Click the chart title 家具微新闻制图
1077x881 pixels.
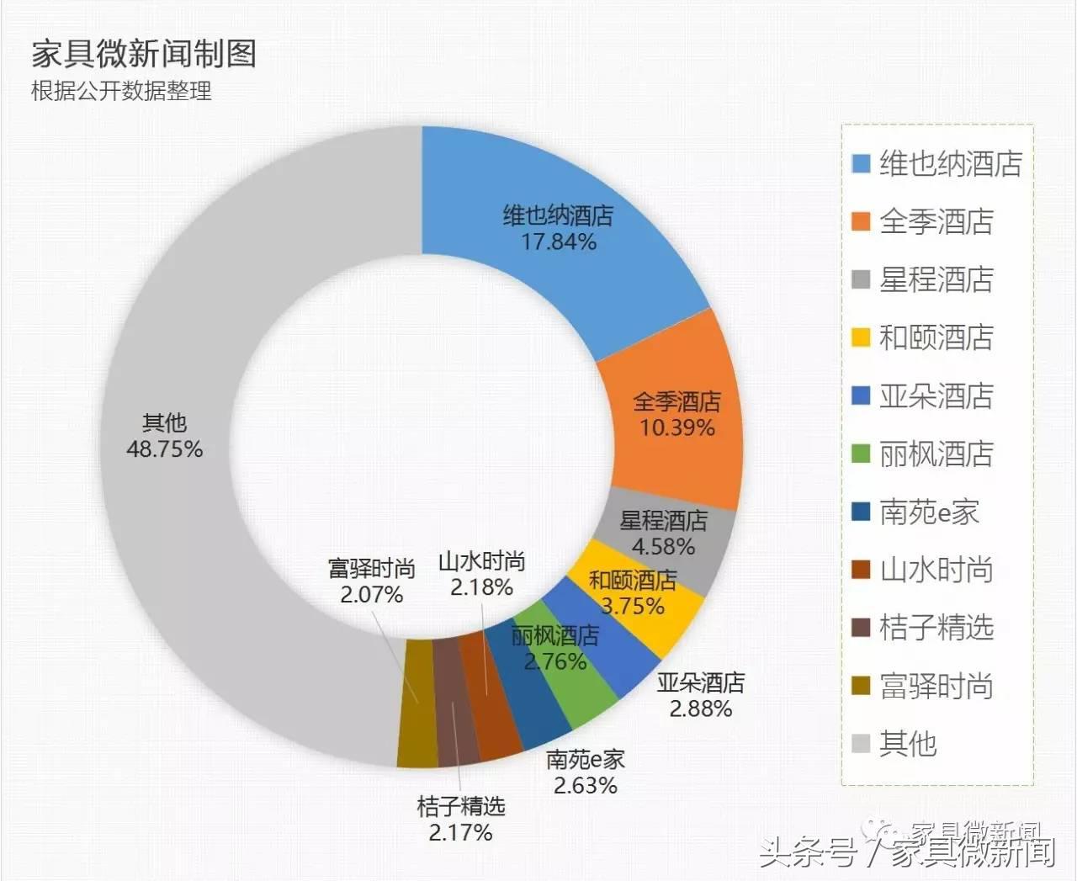144,54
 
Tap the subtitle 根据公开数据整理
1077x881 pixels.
121,91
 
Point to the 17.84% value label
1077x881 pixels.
559,242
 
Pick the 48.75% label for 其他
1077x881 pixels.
164,449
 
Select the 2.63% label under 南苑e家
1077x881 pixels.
585,786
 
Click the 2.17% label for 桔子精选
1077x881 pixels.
460,833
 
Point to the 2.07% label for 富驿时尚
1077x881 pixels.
371,595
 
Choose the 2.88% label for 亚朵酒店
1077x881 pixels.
700,709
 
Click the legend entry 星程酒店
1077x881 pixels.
936,279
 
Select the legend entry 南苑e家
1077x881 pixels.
929,512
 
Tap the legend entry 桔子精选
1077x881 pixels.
936,628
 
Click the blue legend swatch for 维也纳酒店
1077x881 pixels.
861,163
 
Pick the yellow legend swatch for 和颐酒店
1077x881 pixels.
861,337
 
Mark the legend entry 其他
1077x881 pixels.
907,744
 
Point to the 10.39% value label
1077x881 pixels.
676,428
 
